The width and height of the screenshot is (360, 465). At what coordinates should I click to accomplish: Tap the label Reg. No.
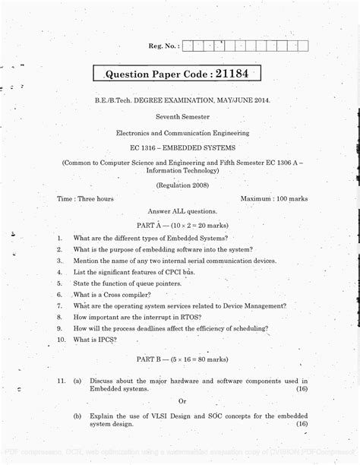pos(165,46)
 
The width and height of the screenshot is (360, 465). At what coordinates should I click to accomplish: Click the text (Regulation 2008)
pos(180,185)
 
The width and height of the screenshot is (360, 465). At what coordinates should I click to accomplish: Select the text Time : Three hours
pos(85,198)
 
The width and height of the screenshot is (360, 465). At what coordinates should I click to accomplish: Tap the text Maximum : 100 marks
pos(273,198)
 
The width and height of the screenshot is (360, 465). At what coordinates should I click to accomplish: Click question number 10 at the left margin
pos(60,340)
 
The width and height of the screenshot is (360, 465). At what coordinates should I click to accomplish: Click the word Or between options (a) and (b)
pos(182,400)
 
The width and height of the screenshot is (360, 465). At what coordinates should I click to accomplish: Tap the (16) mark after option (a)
pos(302,388)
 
